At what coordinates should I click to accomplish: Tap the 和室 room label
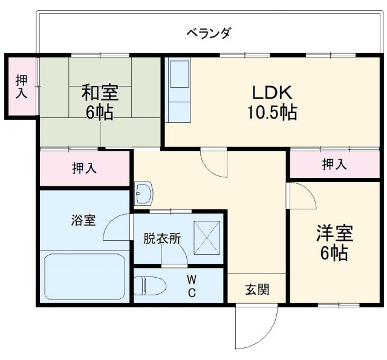[100, 93]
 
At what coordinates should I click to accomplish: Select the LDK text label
[272, 93]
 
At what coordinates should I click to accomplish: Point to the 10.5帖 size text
[272, 113]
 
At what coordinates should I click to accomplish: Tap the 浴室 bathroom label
[83, 220]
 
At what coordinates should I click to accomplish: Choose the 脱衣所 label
[162, 238]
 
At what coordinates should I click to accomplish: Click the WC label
[190, 286]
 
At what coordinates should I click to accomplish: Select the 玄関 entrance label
[257, 290]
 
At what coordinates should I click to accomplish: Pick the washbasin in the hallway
[144, 194]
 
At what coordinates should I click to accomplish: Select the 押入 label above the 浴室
[85, 169]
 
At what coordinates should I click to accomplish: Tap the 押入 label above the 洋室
[334, 163]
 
